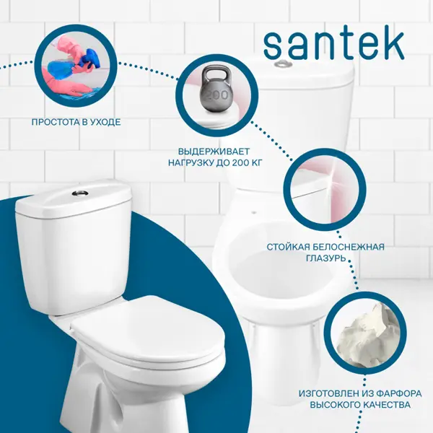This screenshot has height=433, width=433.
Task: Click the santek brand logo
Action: (334, 45)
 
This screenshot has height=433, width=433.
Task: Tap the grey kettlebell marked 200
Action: (217, 90)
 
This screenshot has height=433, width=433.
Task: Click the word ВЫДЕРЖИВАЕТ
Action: (214, 152)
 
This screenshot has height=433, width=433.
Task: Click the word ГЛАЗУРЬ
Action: (325, 258)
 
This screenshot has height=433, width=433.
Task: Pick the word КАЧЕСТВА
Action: (386, 405)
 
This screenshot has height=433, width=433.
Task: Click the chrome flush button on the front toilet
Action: (79, 193)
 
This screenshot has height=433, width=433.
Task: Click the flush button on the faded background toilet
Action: (283, 64)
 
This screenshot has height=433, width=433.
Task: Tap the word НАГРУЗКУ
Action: (190, 163)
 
